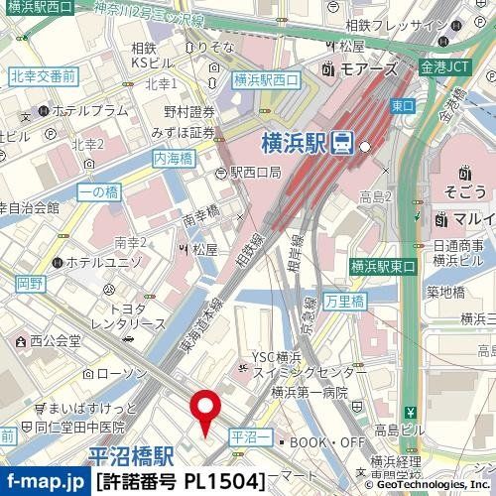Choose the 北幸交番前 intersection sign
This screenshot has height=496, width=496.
tap(43, 75)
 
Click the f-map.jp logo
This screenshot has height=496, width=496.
tap(45, 482)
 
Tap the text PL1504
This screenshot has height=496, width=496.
tap(224, 482)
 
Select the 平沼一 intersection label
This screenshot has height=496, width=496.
tap(248, 435)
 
